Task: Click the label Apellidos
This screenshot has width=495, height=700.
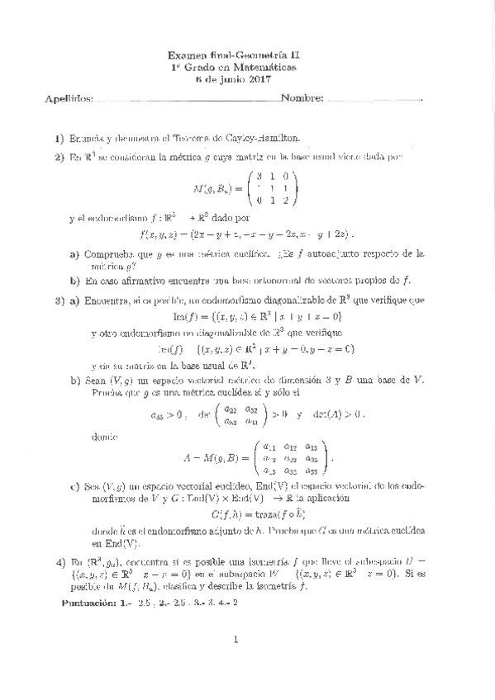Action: click(x=69, y=98)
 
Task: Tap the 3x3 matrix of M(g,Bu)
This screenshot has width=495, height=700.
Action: click(x=272, y=188)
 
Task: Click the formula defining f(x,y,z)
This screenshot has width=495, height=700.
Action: click(x=248, y=234)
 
